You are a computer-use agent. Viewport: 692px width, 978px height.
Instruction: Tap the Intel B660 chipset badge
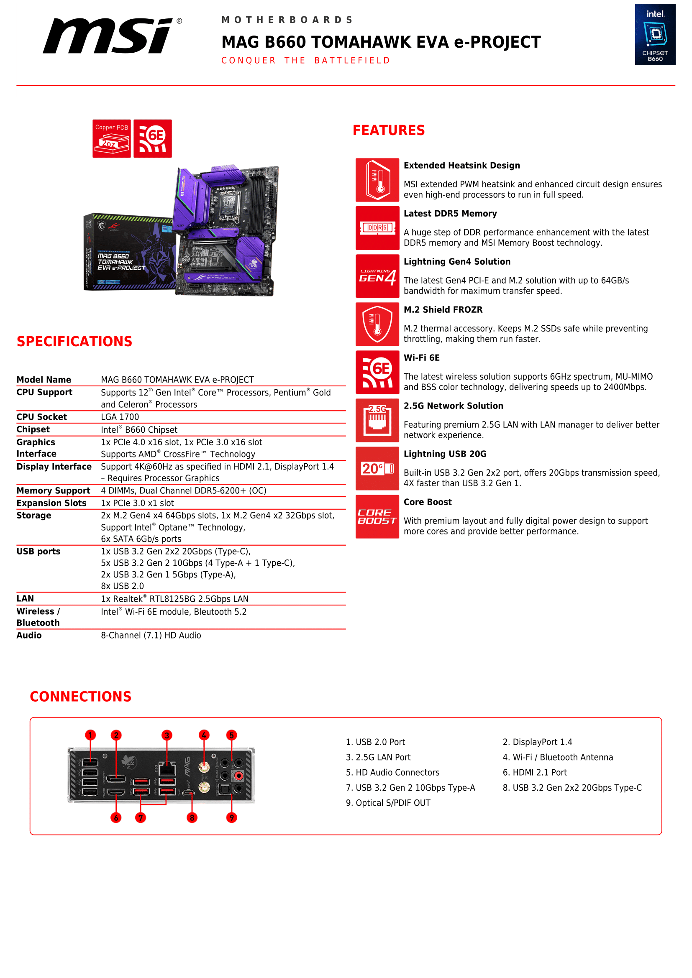pyautogui.click(x=655, y=35)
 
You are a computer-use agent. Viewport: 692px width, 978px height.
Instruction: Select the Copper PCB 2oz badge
pyautogui.click(x=112, y=138)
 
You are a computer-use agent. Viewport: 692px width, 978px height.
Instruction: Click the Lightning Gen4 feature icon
pyautogui.click(x=377, y=276)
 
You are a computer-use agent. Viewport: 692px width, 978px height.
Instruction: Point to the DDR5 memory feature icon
pyautogui.click(x=377, y=228)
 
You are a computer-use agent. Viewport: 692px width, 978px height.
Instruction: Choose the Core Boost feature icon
pyautogui.click(x=377, y=516)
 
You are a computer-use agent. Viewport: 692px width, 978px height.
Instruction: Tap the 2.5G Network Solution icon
pyautogui.click(x=377, y=420)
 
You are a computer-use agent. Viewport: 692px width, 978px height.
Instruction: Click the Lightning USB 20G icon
pyautogui.click(x=377, y=469)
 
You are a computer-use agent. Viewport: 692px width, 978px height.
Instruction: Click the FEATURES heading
pyautogui.click(x=389, y=130)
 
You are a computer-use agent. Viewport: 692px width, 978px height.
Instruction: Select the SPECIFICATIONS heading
pyautogui.click(x=74, y=341)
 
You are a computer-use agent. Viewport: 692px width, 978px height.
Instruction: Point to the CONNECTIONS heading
pyautogui.click(x=80, y=697)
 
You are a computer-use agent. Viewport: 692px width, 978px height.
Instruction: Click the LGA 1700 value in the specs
pyautogui.click(x=120, y=417)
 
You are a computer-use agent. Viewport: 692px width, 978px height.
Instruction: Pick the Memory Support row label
pyautogui.click(x=53, y=491)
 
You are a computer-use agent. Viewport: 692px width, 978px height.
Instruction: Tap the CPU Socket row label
pyautogui.click(x=42, y=417)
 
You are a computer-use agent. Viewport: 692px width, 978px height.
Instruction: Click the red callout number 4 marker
pyautogui.click(x=204, y=735)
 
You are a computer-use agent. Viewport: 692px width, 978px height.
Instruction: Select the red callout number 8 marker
pyautogui.click(x=192, y=817)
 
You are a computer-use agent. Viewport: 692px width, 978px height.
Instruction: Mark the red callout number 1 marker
pyautogui.click(x=90, y=735)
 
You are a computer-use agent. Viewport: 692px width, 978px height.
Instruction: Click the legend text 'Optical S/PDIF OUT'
pyautogui.click(x=393, y=803)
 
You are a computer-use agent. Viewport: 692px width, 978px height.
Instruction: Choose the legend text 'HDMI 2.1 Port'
pyautogui.click(x=539, y=772)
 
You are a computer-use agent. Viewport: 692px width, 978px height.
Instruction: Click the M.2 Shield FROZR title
pyautogui.click(x=443, y=310)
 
